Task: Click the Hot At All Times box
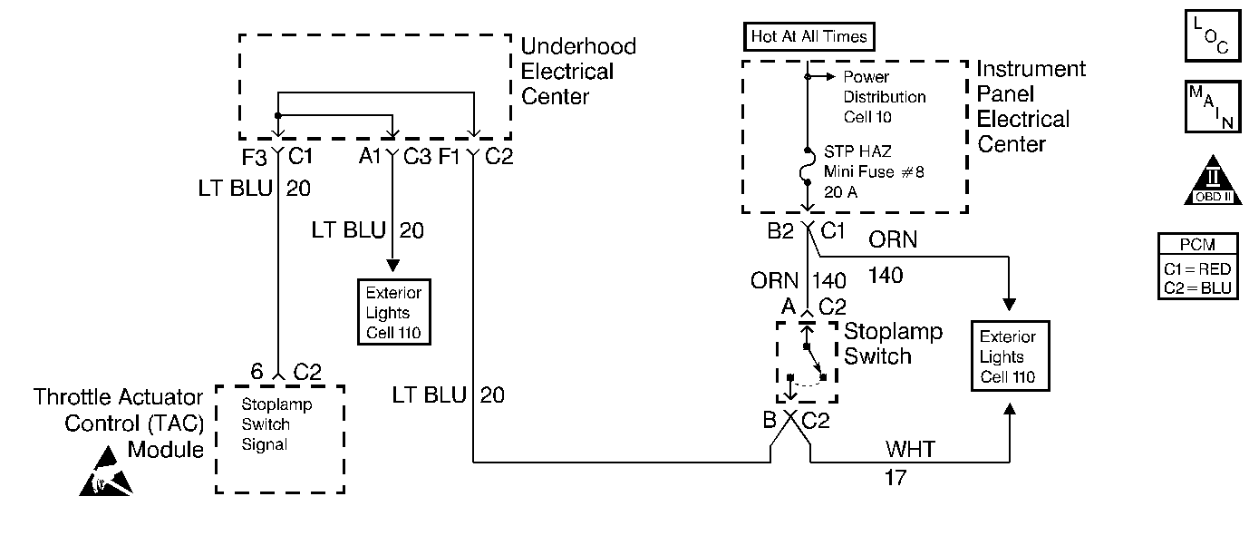pyautogui.click(x=809, y=37)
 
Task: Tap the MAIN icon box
pyautogui.click(x=1210, y=107)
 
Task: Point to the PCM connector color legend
pyautogui.click(x=1198, y=267)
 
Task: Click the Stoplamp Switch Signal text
pyautogui.click(x=266, y=424)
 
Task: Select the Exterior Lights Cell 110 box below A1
pyautogui.click(x=392, y=312)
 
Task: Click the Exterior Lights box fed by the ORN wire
pyautogui.click(x=1009, y=356)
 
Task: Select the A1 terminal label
pyautogui.click(x=370, y=157)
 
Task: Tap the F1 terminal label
pyautogui.click(x=450, y=157)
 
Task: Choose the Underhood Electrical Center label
pyautogui.click(x=576, y=71)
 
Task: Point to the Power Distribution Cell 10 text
pyautogui.click(x=884, y=97)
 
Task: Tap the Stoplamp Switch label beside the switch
pyautogui.click(x=892, y=344)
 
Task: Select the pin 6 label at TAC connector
pyautogui.click(x=257, y=371)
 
